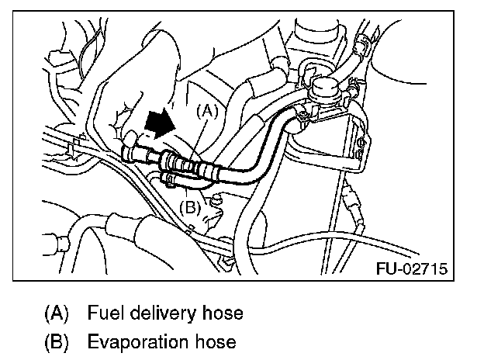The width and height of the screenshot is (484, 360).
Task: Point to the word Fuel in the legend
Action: tap(104, 314)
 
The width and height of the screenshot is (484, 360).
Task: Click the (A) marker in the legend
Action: tap(57, 314)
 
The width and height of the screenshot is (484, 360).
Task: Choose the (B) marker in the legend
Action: tap(57, 341)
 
